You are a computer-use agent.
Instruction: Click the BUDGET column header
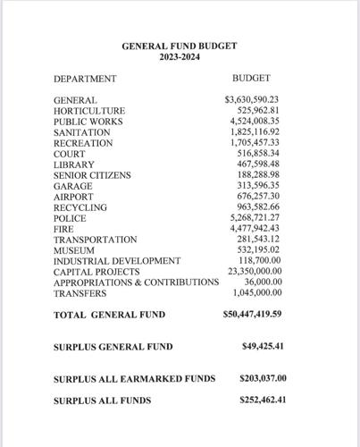click(251, 79)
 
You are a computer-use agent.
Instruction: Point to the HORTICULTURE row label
click(89, 111)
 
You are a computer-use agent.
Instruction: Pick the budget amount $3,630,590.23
click(253, 100)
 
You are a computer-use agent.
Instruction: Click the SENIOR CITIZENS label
click(92, 175)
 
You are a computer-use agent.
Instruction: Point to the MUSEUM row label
click(74, 250)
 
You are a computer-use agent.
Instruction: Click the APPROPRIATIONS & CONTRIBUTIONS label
click(136, 283)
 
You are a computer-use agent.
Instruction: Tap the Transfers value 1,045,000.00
click(257, 293)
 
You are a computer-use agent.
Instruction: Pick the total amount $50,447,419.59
click(252, 315)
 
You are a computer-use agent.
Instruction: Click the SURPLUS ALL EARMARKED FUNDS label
click(134, 378)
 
